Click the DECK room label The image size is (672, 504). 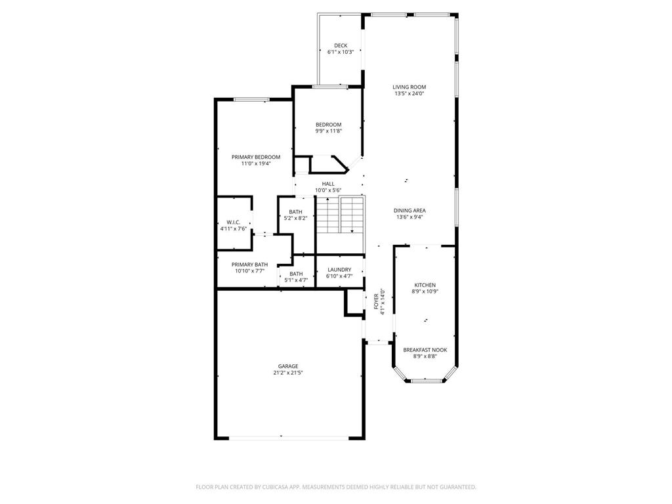pyautogui.click(x=341, y=45)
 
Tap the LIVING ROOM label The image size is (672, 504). pyautogui.click(x=409, y=87)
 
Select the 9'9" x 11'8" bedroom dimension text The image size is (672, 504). pyautogui.click(x=328, y=131)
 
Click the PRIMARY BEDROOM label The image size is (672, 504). pyautogui.click(x=256, y=157)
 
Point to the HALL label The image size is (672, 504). pyautogui.click(x=328, y=184)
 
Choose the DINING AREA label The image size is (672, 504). pyautogui.click(x=409, y=211)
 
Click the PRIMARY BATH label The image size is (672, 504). pyautogui.click(x=249, y=264)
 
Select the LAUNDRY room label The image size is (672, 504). pyautogui.click(x=339, y=270)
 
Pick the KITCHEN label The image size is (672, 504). pyautogui.click(x=425, y=285)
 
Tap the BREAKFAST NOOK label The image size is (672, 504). pyautogui.click(x=425, y=350)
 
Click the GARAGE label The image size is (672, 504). pyautogui.click(x=287, y=366)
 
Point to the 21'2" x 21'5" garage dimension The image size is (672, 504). pyautogui.click(x=287, y=373)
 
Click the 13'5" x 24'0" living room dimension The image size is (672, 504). pyautogui.click(x=409, y=94)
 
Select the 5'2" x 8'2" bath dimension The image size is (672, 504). pyautogui.click(x=296, y=218)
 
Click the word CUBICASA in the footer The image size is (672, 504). pyautogui.click(x=270, y=487)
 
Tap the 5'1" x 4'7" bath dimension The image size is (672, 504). pyautogui.click(x=296, y=280)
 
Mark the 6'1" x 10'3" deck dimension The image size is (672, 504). pyautogui.click(x=341, y=52)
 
